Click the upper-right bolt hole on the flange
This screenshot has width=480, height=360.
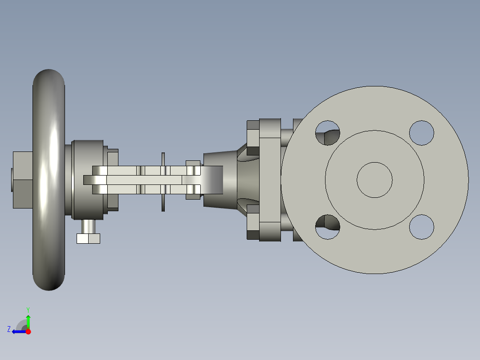click(421, 133)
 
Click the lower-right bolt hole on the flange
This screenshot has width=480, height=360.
click(421, 227)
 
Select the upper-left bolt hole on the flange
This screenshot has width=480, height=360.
click(328, 133)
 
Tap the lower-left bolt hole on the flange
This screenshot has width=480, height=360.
click(328, 227)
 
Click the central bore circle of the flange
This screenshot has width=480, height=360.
click(374, 180)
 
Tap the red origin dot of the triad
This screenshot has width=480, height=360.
click(28, 331)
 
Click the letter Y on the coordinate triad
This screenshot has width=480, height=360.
click(28, 309)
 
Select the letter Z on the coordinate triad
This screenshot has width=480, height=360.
click(9, 329)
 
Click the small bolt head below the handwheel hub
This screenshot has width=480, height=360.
click(88, 238)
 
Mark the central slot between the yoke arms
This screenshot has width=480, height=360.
click(142, 180)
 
